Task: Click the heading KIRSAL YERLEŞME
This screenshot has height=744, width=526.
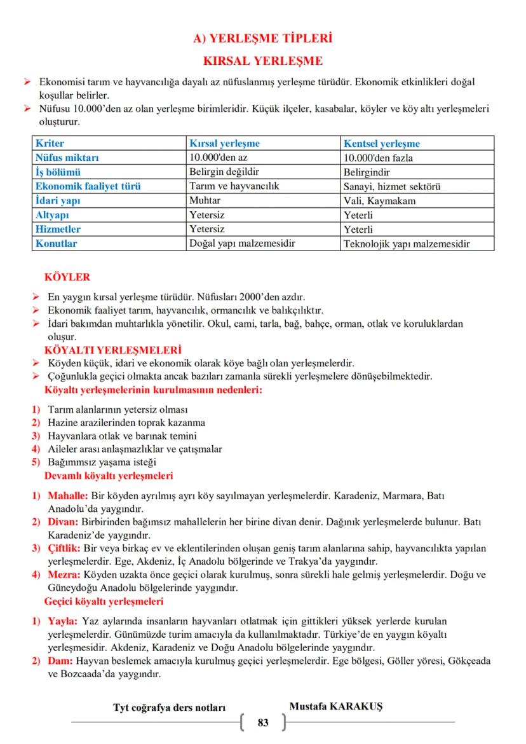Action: tap(262, 61)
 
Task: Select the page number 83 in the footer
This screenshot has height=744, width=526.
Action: tap(263, 722)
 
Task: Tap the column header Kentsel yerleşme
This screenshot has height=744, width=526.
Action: tap(381, 144)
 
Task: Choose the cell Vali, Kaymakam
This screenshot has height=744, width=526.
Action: tap(379, 201)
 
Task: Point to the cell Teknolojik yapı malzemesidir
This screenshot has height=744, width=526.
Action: tap(407, 244)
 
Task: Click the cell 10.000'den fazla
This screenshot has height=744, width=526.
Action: tap(378, 158)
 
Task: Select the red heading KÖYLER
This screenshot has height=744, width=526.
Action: tap(67, 277)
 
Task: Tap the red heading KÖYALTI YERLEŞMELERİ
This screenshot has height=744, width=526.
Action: tap(113, 350)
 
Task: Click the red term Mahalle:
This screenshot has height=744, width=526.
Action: tap(68, 495)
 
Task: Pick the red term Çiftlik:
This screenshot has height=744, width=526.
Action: tap(64, 549)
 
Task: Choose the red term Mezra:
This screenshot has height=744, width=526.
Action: tap(64, 575)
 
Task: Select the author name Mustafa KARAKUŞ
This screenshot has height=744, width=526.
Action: tap(336, 706)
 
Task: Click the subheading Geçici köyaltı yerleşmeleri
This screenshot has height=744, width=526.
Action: tap(104, 601)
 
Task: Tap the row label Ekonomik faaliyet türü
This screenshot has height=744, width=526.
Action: tap(88, 186)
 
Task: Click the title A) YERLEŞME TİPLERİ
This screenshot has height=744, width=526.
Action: tap(262, 39)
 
